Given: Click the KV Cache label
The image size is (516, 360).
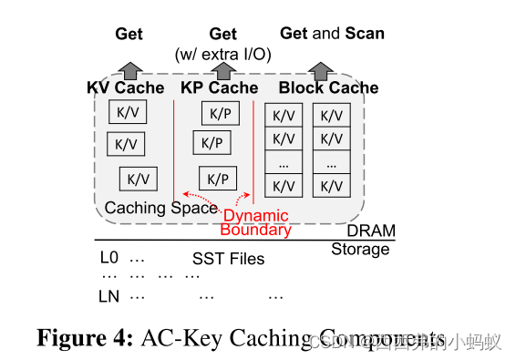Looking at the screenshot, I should pyautogui.click(x=126, y=88).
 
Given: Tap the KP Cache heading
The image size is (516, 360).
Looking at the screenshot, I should pyautogui.click(x=221, y=88).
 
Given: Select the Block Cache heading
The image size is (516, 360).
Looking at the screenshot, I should pyautogui.click(x=328, y=88).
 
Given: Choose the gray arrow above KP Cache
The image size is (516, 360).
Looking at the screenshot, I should pyautogui.click(x=223, y=70).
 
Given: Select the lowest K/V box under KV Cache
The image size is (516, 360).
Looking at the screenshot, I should pyautogui.click(x=138, y=179).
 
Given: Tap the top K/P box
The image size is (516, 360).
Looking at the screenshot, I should pyautogui.click(x=221, y=114).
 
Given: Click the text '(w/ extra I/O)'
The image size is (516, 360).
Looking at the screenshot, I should pyautogui.click(x=223, y=53).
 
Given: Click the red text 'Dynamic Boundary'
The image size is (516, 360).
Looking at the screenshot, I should pyautogui.click(x=256, y=222).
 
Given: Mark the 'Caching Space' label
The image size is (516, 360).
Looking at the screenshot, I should pyautogui.click(x=161, y=208).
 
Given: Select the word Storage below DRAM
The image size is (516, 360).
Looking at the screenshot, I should pyautogui.click(x=359, y=250).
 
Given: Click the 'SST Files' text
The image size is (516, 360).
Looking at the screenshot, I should pyautogui.click(x=228, y=259).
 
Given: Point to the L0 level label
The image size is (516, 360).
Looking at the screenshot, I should pyautogui.click(x=109, y=258).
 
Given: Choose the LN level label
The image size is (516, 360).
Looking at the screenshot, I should pyautogui.click(x=109, y=296).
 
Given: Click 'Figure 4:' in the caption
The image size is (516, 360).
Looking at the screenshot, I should pyautogui.click(x=85, y=337).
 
